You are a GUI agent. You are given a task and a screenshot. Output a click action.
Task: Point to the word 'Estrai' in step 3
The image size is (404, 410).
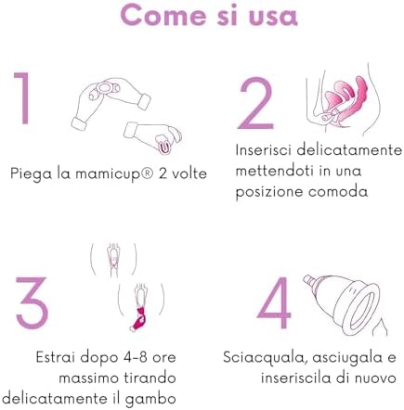[x=47, y=356]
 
